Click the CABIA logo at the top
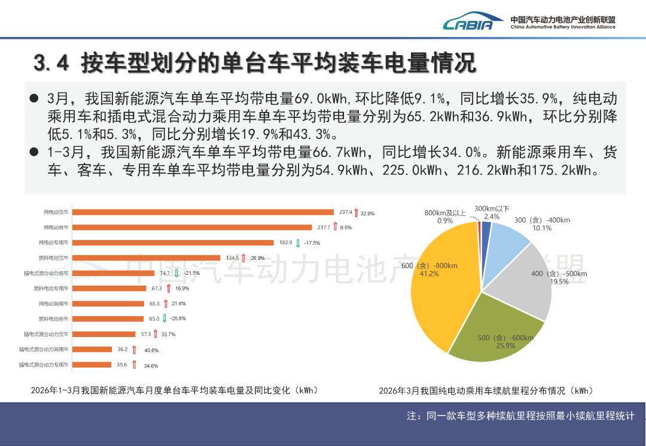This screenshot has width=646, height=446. [468, 23]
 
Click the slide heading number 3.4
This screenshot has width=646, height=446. [52, 62]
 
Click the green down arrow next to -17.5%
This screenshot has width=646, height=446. [298, 243]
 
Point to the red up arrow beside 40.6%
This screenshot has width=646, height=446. [134, 350]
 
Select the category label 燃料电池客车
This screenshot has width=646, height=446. [54, 319]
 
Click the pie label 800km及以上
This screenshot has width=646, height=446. [445, 213]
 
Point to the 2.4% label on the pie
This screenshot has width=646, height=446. [492, 217]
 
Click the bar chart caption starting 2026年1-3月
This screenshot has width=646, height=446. [174, 390]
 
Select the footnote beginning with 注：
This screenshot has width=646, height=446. [520, 415]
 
